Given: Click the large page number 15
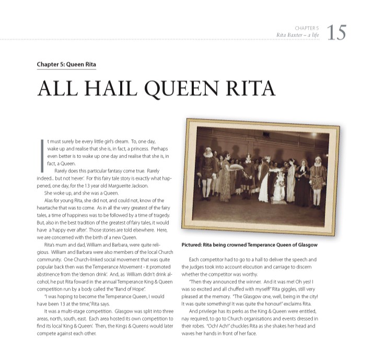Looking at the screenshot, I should [336, 32].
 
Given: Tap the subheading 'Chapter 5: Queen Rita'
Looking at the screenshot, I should [66, 65].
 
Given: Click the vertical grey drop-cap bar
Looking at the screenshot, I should [42, 155].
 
